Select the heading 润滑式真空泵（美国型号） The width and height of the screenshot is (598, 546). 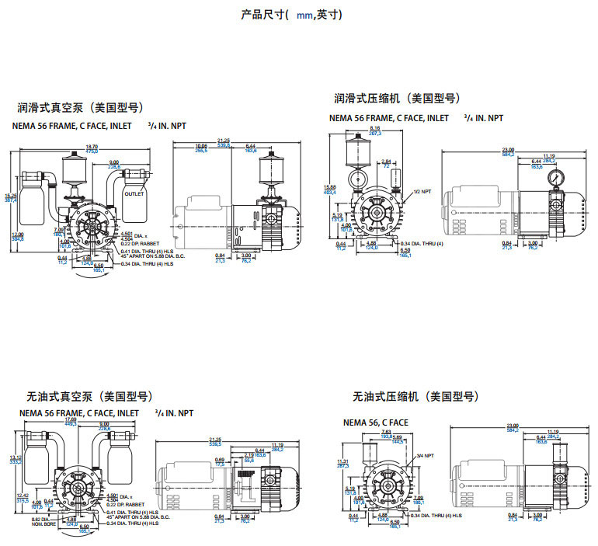tap(81, 107)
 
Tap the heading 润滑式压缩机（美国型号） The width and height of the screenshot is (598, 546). tap(397, 99)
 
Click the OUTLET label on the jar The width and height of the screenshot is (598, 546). tap(134, 193)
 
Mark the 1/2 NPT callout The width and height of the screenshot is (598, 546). tap(422, 191)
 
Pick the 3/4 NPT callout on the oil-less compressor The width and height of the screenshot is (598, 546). tap(425, 456)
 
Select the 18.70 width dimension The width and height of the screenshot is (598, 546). tap(92, 147)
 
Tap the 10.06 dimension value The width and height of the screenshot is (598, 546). tap(201, 145)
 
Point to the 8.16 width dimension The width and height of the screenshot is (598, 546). tap(375, 128)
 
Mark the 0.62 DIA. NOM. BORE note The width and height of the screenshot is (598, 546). tap(43, 521)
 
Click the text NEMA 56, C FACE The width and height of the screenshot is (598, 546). tap(376, 423)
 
